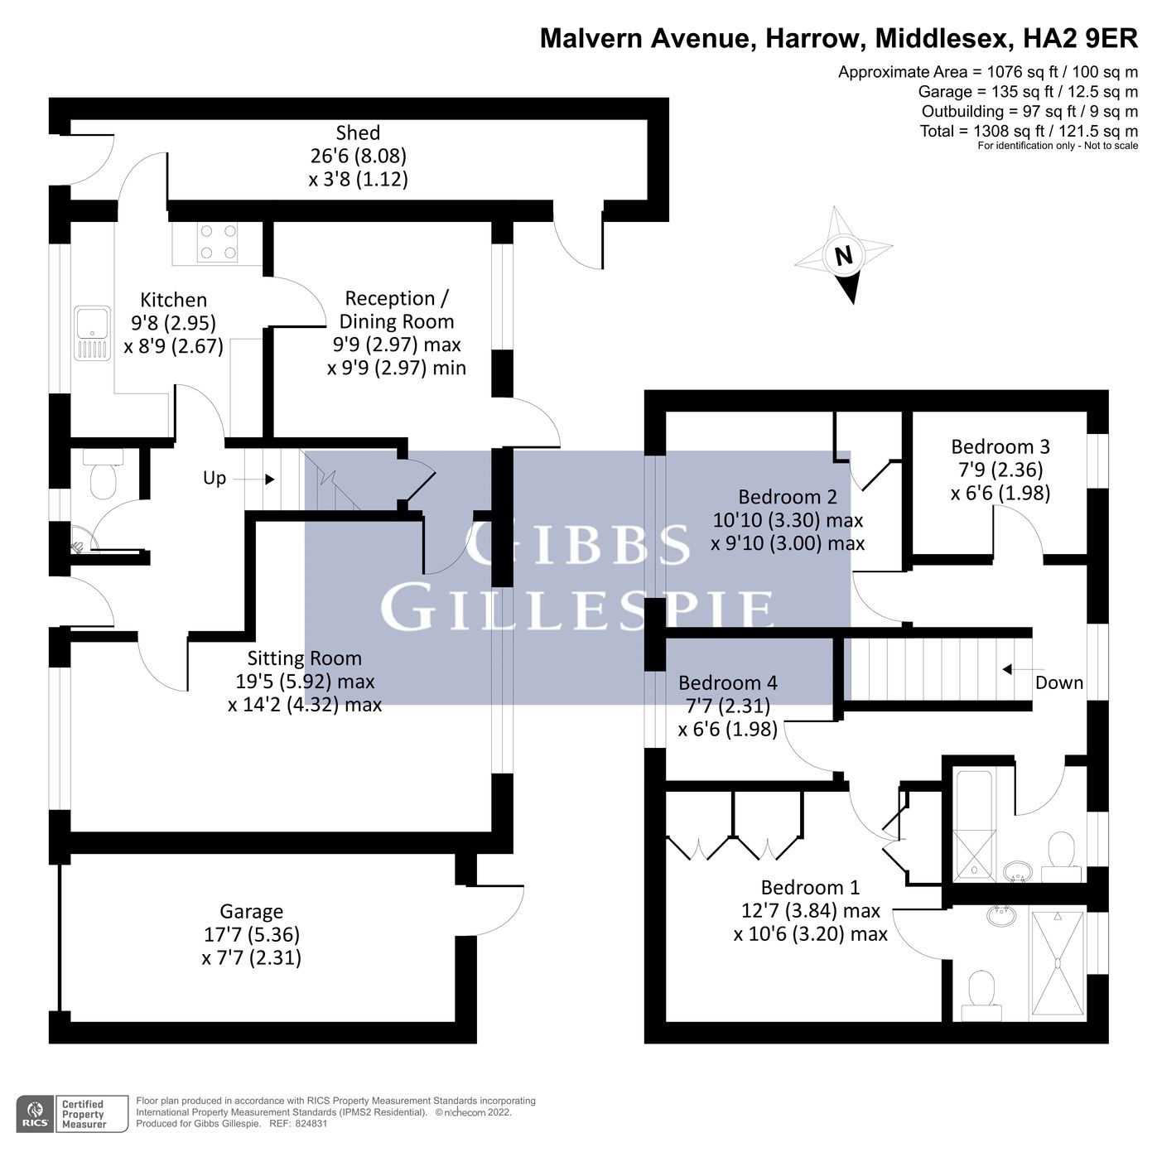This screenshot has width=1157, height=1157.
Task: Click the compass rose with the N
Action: (844, 254)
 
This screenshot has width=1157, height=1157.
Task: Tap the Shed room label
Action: (358, 133)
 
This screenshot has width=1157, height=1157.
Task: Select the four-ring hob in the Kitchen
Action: (217, 242)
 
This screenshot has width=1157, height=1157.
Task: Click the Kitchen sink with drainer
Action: (92, 333)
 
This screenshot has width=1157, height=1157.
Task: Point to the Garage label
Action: (251, 911)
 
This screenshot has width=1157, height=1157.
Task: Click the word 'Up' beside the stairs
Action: (215, 478)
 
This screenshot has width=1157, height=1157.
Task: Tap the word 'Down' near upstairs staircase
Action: (1058, 682)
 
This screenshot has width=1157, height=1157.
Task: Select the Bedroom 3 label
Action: (1000, 446)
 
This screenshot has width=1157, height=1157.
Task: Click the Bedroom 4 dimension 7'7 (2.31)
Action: (728, 706)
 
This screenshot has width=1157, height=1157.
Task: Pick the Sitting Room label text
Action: (304, 658)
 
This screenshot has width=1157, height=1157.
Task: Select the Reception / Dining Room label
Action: (397, 310)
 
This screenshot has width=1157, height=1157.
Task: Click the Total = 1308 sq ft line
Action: (1029, 131)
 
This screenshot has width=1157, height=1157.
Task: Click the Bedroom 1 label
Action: (810, 887)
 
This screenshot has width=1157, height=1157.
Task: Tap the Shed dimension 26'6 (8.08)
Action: (358, 156)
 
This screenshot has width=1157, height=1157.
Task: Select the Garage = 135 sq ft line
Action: (1027, 91)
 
